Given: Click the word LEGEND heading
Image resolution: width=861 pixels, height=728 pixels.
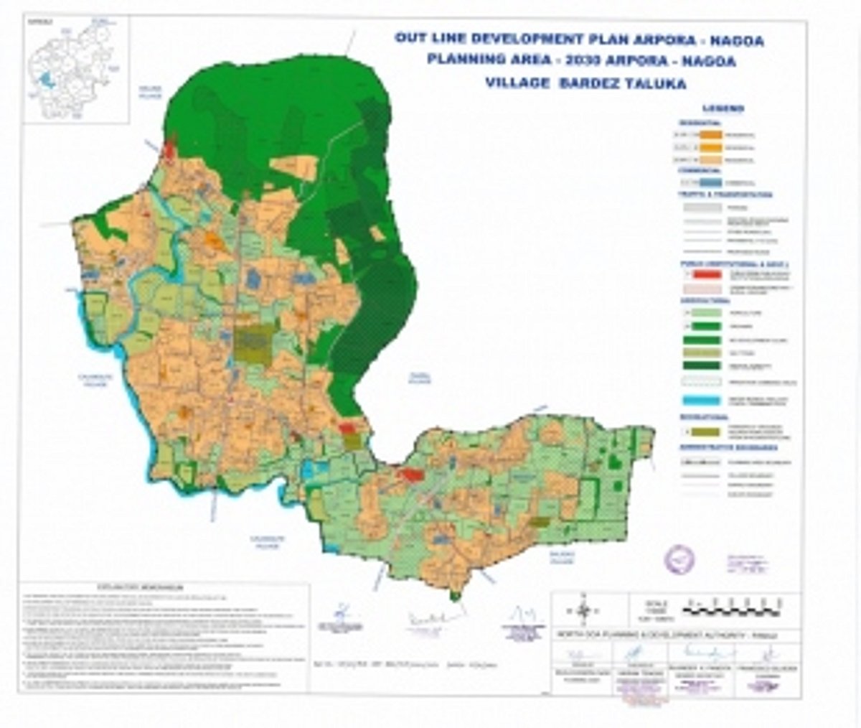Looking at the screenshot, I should pos(723,109).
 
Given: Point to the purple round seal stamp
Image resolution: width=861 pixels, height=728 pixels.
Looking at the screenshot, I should pos(679,559).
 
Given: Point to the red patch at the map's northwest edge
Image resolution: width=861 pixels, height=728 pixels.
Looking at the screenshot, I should pos(169,151).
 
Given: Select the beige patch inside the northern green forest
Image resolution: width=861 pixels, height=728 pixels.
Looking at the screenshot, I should pos(294,167).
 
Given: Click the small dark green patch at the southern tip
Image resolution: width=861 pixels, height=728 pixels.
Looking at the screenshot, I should pos(453,594).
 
